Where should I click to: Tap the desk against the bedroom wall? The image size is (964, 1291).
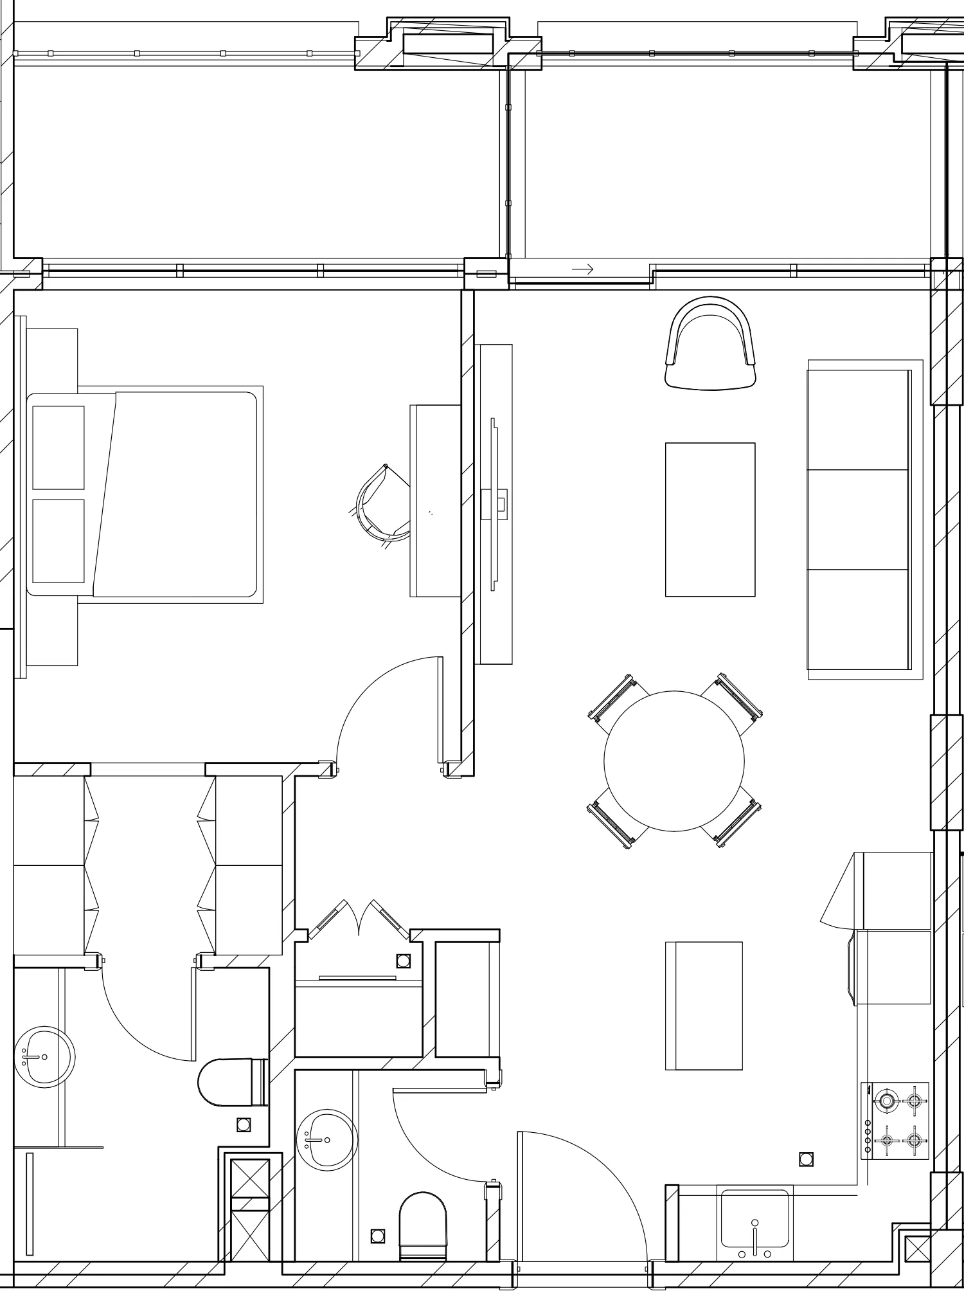pyautogui.click(x=435, y=501)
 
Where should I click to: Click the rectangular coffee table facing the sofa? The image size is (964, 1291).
pyautogui.click(x=710, y=519)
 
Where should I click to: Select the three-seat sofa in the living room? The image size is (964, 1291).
pyautogui.click(x=859, y=519)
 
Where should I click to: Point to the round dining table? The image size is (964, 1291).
pyautogui.click(x=674, y=761)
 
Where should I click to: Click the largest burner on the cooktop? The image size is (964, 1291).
pyautogui.click(x=887, y=1101)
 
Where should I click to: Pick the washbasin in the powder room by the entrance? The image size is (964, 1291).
pyautogui.click(x=326, y=1139)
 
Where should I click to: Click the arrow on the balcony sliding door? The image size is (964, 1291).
pyautogui.click(x=582, y=269)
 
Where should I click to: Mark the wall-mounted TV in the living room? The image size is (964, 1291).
pyautogui.click(x=494, y=503)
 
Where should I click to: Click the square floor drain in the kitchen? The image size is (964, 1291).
pyautogui.click(x=805, y=1160)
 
